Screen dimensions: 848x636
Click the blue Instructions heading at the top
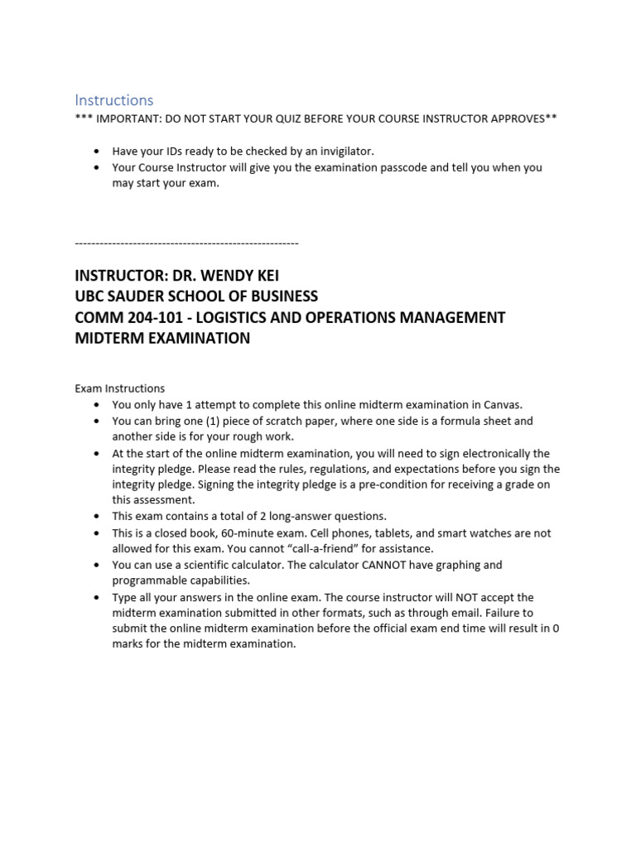click(114, 100)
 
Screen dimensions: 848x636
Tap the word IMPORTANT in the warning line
click(126, 118)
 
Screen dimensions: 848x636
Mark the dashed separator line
click(186, 243)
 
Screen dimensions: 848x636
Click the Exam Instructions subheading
click(119, 388)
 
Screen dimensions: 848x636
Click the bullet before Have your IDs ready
click(97, 151)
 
